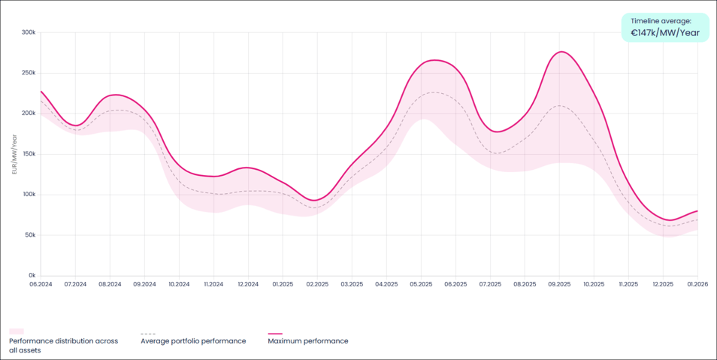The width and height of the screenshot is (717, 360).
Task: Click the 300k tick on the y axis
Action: point(29,32)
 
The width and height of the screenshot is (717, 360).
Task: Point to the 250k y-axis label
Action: point(29,73)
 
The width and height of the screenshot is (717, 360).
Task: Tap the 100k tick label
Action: point(29,195)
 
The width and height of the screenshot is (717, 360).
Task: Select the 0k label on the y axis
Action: point(31,276)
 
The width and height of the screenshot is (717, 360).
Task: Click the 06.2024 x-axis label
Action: point(41,285)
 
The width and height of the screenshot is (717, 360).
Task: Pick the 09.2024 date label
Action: point(144,285)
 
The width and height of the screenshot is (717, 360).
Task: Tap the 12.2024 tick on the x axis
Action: point(248,285)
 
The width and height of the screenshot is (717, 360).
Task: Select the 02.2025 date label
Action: point(317,285)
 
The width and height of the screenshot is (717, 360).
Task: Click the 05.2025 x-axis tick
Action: point(421,285)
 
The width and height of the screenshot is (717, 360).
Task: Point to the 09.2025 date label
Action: point(559,285)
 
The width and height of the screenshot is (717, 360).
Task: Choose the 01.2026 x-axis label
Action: point(697,285)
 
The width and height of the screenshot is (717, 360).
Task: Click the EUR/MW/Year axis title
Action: point(14,154)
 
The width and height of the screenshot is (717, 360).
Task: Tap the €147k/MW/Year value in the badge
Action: point(665,33)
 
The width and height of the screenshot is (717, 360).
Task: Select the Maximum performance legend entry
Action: point(307,341)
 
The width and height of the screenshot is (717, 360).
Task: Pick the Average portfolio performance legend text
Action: point(193,341)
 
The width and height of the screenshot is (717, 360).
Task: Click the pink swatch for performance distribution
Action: point(17,331)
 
